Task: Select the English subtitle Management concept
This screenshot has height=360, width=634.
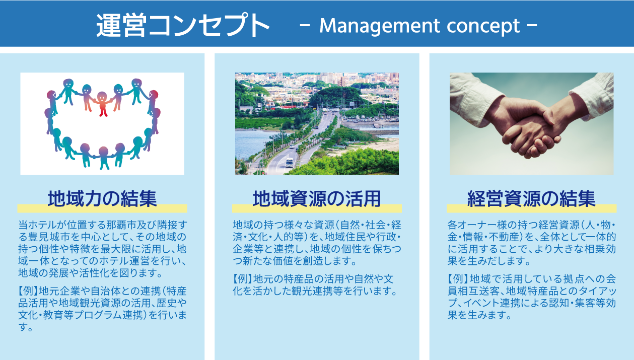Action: pyautogui.click(x=419, y=26)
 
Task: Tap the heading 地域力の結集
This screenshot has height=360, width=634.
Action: pyautogui.click(x=102, y=199)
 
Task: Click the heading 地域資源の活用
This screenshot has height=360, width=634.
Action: pyautogui.click(x=317, y=199)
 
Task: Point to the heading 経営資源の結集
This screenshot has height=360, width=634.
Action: pyautogui.click(x=532, y=199)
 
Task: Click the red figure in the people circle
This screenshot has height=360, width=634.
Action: pyautogui.click(x=102, y=104)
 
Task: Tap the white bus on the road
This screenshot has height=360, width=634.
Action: pyautogui.click(x=289, y=163)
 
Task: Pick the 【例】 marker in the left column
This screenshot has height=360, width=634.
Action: pyautogui.click(x=28, y=291)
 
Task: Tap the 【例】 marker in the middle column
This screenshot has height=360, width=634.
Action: pyautogui.click(x=243, y=279)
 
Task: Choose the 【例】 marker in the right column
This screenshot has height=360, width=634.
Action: pyautogui.click(x=458, y=279)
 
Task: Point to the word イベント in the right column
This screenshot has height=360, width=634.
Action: pyautogui.click(x=481, y=303)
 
